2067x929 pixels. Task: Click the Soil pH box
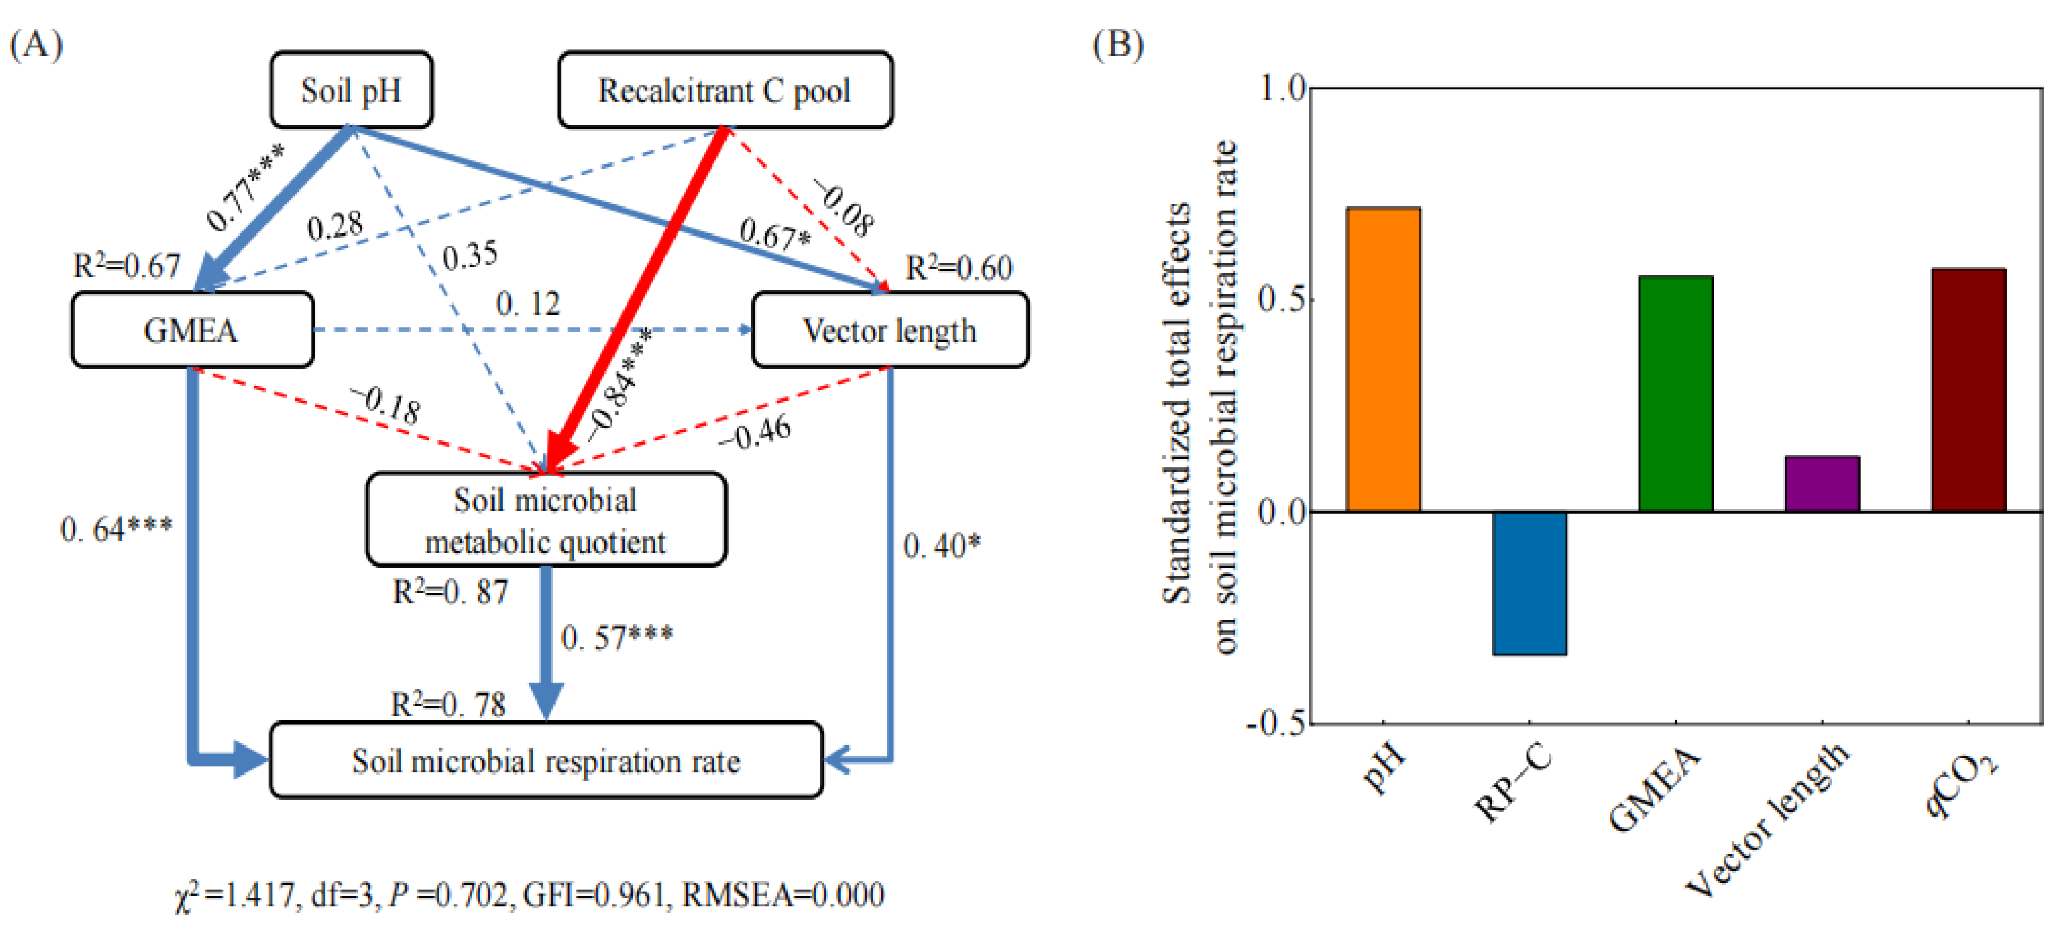pyautogui.click(x=351, y=90)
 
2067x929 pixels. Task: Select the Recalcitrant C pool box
pyautogui.click(x=724, y=90)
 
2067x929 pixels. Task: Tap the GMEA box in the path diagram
pyautogui.click(x=192, y=329)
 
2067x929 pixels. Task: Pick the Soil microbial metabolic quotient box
pyautogui.click(x=546, y=520)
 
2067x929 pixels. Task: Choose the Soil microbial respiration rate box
pyautogui.click(x=546, y=760)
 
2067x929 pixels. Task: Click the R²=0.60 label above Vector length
pyautogui.click(x=959, y=268)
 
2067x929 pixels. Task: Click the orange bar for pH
pyautogui.click(x=1382, y=359)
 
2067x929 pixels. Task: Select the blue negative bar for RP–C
pyautogui.click(x=1528, y=583)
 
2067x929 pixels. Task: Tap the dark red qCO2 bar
pyautogui.click(x=1968, y=390)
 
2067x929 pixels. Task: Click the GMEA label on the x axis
pyautogui.click(x=1655, y=790)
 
